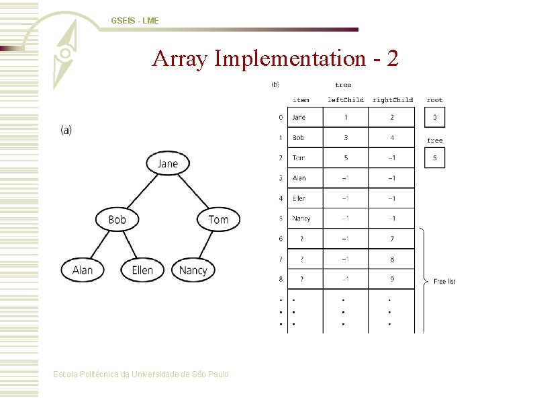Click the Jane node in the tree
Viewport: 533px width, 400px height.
[x=168, y=163]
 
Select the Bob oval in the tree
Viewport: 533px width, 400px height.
[x=117, y=220]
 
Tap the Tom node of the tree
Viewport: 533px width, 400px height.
[x=218, y=220]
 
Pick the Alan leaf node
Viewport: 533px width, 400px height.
[x=83, y=270]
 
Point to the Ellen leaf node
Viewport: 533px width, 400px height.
[x=142, y=270]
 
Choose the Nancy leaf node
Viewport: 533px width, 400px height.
[x=193, y=270]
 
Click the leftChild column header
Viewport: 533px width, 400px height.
[x=345, y=100]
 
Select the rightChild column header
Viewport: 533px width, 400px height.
[x=392, y=100]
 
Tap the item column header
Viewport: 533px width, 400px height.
[x=301, y=100]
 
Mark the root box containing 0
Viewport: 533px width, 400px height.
[x=434, y=118]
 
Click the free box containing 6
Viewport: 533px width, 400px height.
[x=434, y=158]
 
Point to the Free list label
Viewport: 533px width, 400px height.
[x=444, y=281]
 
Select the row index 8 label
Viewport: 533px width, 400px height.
[x=281, y=279]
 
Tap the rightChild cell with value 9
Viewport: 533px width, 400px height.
[x=392, y=279]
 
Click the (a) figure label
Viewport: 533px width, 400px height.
[x=66, y=130]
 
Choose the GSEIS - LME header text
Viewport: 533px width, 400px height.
[x=135, y=22]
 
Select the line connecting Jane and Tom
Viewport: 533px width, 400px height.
[x=195, y=191]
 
